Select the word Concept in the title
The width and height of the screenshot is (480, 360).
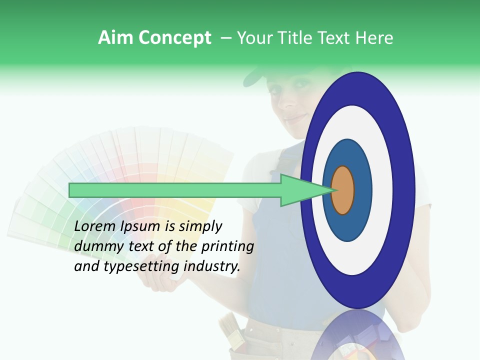click(x=174, y=38)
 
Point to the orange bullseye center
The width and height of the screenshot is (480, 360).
click(x=343, y=190)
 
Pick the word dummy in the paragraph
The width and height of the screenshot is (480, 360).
click(x=97, y=246)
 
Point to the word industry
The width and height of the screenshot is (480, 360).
click(x=212, y=266)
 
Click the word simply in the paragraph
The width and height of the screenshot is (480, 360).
click(x=200, y=226)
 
